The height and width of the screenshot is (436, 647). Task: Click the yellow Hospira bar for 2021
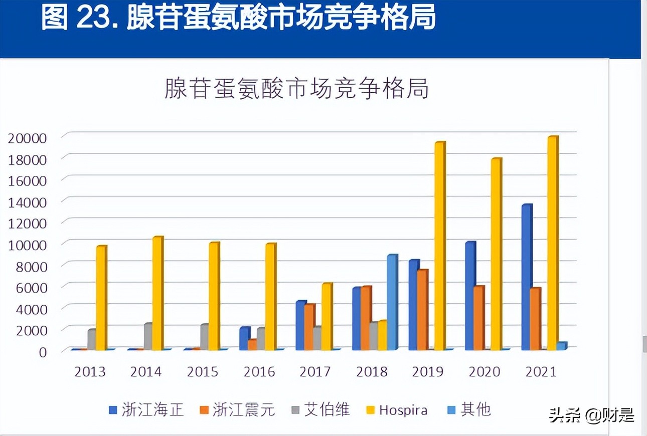point(552,243)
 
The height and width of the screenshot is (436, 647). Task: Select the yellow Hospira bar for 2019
point(439,246)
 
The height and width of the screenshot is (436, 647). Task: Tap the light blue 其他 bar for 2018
point(392,302)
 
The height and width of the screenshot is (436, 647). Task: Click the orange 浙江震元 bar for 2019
point(422,310)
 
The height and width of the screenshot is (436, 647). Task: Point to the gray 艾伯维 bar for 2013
point(92,339)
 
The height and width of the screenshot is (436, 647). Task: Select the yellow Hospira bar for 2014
point(157,293)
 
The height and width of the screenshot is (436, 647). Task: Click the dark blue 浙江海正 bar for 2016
point(244,338)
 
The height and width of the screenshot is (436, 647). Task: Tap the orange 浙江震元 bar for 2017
point(309,327)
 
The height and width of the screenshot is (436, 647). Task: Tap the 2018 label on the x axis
point(372,372)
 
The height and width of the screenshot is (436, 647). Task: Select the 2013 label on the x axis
point(90,372)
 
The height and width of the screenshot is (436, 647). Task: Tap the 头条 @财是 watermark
point(591,415)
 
